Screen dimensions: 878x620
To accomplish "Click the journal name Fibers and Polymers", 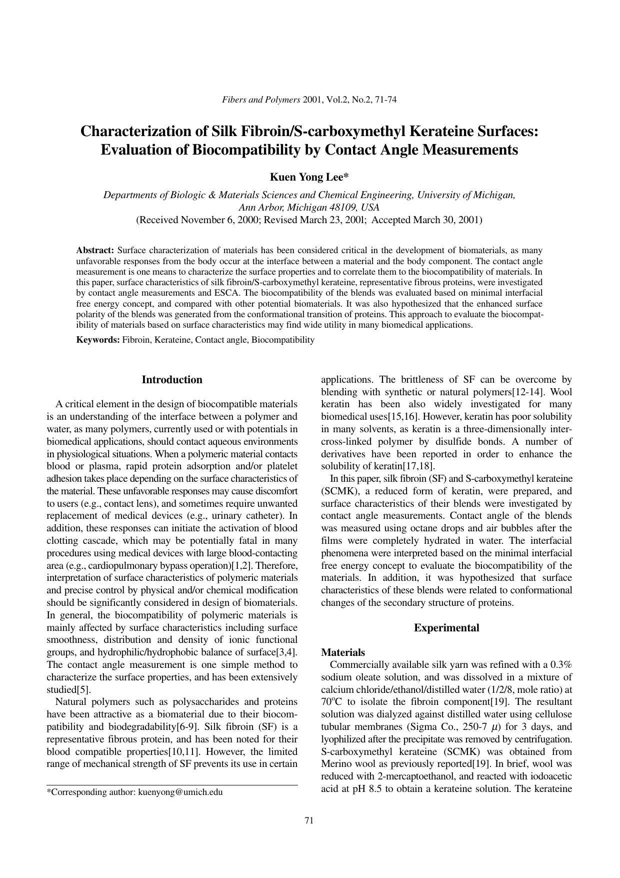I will (260, 100).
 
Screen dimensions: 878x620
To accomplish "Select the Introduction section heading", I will (172, 380).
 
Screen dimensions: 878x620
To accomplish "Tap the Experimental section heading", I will (446, 628).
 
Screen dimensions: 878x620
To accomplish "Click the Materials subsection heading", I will (342, 652).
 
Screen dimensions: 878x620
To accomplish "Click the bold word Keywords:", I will (98, 340).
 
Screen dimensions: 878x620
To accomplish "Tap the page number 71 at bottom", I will (309, 820).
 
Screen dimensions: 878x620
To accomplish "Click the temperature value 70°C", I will (331, 702).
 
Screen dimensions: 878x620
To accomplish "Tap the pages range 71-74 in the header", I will (385, 100).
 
